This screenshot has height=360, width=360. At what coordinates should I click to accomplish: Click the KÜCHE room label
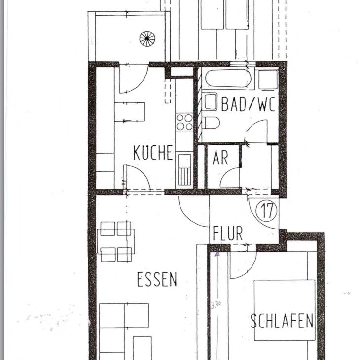(153, 153)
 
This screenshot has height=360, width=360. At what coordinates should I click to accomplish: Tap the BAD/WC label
(248, 104)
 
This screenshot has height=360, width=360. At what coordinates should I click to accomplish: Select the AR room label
(220, 158)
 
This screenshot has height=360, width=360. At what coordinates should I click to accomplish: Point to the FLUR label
(227, 233)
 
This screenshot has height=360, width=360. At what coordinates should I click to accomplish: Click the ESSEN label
(157, 279)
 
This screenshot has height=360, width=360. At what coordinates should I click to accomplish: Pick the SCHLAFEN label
(282, 321)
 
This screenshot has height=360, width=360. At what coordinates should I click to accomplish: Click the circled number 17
(267, 211)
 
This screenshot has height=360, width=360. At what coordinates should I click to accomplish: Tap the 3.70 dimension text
(216, 305)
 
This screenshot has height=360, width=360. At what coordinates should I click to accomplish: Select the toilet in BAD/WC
(212, 123)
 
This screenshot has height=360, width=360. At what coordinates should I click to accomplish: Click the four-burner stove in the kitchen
(184, 122)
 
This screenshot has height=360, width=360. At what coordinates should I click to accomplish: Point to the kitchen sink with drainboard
(184, 170)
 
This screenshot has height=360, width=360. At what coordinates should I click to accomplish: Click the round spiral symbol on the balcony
(147, 38)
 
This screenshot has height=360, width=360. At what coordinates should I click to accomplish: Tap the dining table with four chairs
(116, 241)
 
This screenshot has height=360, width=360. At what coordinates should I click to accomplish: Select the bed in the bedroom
(285, 310)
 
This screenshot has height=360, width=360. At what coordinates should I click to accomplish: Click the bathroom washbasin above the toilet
(210, 102)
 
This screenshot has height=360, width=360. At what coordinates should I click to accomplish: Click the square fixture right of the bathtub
(268, 79)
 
